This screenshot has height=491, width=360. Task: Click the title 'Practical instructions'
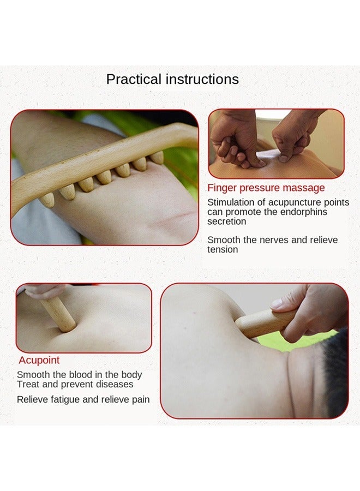click(x=172, y=79)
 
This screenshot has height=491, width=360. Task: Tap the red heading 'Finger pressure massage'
click(x=266, y=188)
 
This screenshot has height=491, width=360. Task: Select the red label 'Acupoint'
click(x=39, y=360)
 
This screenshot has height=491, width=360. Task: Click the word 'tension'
click(x=223, y=250)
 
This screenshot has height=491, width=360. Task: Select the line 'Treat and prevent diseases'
click(x=75, y=385)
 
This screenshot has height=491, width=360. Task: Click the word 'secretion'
click(x=226, y=221)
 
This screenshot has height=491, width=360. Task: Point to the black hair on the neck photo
click(x=335, y=376)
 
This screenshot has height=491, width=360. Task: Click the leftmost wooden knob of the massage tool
click(x=48, y=200)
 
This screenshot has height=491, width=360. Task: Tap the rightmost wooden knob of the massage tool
click(x=157, y=158)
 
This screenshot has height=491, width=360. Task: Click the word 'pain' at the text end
click(x=140, y=399)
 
